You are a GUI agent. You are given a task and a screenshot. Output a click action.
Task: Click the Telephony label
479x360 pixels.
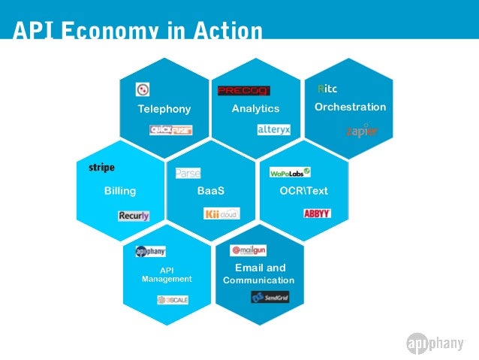(x=164, y=109)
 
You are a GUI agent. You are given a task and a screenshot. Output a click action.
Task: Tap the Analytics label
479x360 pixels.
(x=255, y=109)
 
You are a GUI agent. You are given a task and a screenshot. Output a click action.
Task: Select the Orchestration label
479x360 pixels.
(x=350, y=107)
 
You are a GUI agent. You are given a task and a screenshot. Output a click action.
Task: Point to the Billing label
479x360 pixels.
(x=120, y=191)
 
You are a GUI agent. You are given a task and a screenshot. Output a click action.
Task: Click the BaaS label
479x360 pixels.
(x=211, y=191)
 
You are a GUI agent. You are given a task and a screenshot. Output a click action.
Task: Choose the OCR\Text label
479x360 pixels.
(x=303, y=191)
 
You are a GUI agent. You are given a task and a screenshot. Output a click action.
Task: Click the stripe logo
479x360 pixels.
(x=101, y=167)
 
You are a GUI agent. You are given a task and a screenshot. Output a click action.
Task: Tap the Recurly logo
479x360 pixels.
(x=134, y=216)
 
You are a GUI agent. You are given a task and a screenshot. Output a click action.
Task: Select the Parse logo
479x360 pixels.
(x=188, y=174)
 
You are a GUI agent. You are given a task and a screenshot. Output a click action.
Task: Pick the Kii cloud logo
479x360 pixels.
(x=221, y=214)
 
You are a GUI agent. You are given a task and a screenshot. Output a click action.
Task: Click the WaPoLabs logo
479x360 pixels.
(x=290, y=172)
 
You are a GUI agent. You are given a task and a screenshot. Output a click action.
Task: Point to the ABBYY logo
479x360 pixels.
(x=317, y=213)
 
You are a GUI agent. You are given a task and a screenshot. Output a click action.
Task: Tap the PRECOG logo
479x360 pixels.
(x=243, y=91)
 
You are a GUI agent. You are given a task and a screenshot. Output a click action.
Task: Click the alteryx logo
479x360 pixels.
(x=273, y=129)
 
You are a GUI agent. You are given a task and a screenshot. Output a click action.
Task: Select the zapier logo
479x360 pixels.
(x=361, y=131)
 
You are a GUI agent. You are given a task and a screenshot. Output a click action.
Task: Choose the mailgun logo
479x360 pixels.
(x=249, y=250)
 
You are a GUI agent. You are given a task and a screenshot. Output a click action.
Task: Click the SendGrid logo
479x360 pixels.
(x=270, y=298)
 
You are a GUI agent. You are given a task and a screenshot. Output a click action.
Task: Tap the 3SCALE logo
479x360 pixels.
(x=173, y=300)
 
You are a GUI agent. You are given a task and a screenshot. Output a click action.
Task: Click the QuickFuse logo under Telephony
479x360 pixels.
(x=170, y=129)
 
